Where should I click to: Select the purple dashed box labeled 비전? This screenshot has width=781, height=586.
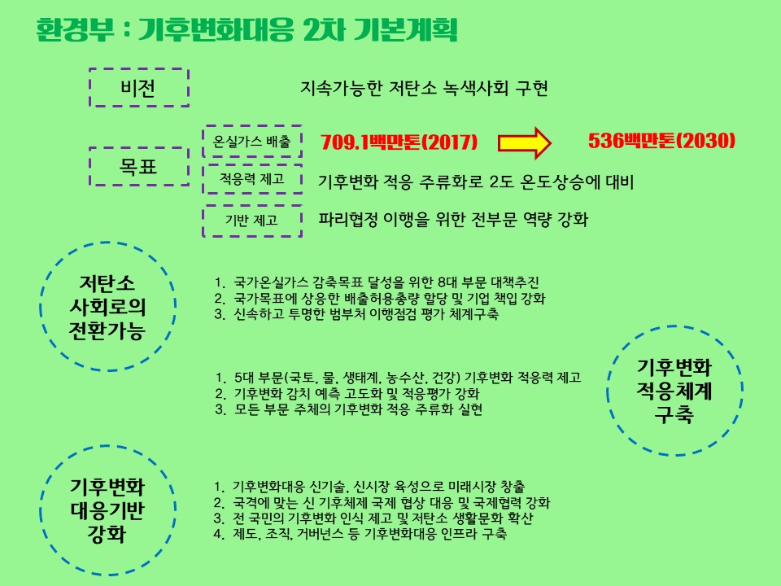pos(138,87)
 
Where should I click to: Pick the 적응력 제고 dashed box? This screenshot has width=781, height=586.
pos(252,180)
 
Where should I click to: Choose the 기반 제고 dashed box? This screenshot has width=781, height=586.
pos(252,219)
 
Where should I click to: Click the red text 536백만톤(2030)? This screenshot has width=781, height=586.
pos(661,141)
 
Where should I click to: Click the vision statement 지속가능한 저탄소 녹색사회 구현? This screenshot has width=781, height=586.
pos(423,88)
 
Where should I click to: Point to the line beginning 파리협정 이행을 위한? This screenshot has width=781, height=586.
pos(453,220)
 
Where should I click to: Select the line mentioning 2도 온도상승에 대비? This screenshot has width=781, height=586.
pos(475,181)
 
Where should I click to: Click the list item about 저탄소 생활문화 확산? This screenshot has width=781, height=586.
pos(374,518)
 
